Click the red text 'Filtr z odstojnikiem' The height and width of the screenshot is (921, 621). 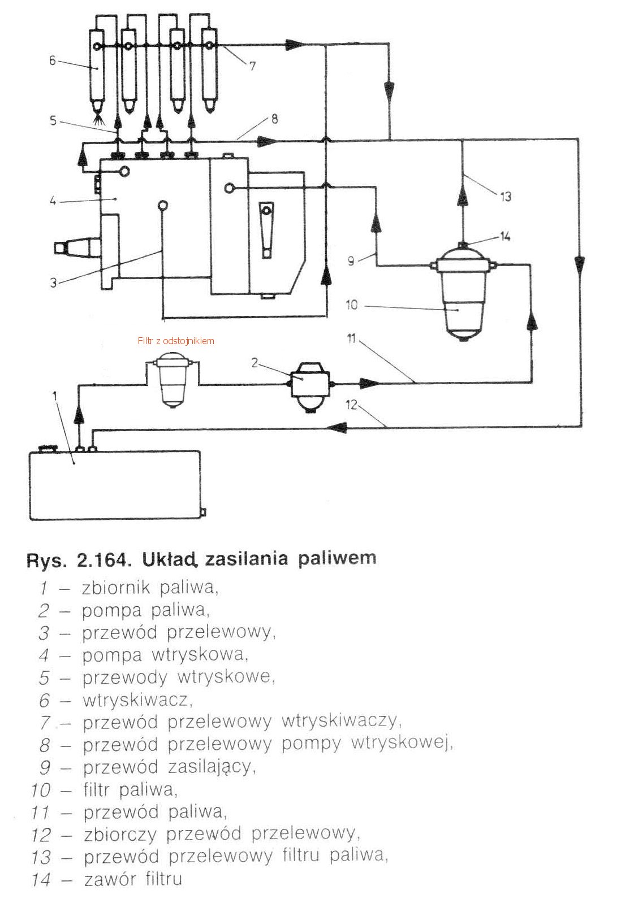176,341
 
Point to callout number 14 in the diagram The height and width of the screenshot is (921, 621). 504,236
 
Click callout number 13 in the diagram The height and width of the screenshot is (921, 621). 505,196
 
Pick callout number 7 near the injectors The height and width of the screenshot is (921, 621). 252,66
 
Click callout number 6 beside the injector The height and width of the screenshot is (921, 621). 52,60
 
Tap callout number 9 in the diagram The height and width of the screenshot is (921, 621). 351,260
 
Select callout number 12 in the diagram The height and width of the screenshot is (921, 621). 352,405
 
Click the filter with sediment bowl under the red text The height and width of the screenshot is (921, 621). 173,378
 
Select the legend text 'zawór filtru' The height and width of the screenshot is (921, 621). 133,879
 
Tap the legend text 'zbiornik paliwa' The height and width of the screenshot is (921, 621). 149,588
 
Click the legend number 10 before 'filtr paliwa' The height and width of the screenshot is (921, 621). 41,790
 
